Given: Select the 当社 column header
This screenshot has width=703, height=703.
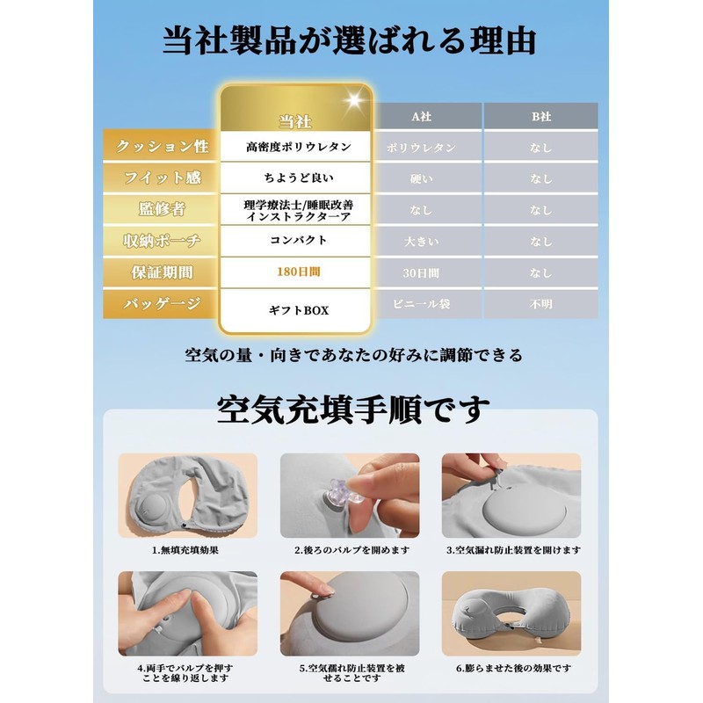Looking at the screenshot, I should (x=295, y=121).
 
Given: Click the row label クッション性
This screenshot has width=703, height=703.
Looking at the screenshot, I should (x=163, y=147).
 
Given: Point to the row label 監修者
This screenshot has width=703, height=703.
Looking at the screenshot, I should (x=163, y=209).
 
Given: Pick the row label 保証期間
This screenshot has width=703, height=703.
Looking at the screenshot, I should (x=163, y=272).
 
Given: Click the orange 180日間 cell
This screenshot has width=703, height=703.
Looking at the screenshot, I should (x=299, y=272).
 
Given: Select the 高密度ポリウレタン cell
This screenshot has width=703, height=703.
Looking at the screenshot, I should (x=299, y=147).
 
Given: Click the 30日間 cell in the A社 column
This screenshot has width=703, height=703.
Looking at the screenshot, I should (x=421, y=273).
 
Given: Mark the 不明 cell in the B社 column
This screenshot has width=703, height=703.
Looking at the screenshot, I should (x=540, y=305).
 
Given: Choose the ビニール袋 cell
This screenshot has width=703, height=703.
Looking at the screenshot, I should (x=421, y=305).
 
